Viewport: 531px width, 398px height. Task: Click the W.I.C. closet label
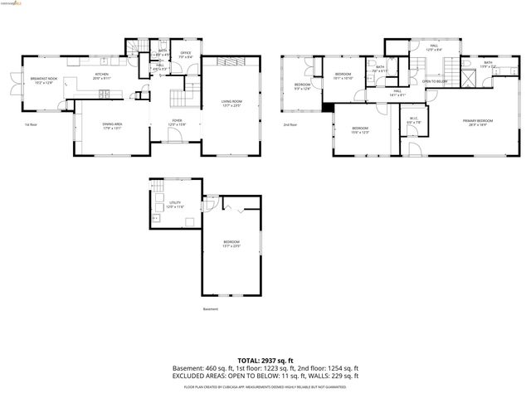(x=414, y=119)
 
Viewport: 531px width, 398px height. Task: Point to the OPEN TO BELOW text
(x=435, y=81)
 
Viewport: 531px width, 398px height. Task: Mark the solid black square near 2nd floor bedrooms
(x=329, y=105)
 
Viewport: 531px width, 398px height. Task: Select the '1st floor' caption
(x=32, y=124)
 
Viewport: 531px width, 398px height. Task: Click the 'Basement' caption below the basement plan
(x=211, y=309)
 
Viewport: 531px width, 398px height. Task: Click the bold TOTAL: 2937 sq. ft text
(x=265, y=360)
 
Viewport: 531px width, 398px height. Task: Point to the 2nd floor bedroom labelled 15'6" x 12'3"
(x=359, y=130)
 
